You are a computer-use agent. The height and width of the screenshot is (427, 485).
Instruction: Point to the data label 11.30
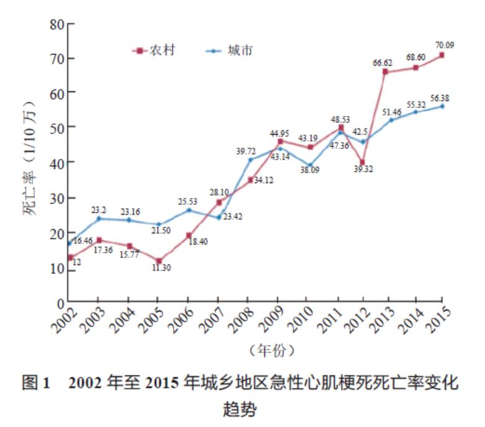(161, 269)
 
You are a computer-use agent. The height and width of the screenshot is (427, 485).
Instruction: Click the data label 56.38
(440, 97)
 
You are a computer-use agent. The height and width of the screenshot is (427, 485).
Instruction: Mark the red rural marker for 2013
(385, 72)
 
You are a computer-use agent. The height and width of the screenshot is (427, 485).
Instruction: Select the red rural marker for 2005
(159, 261)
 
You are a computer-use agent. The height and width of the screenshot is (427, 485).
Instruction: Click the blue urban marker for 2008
(251, 160)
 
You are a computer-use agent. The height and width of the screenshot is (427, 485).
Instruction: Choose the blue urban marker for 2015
(442, 106)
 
